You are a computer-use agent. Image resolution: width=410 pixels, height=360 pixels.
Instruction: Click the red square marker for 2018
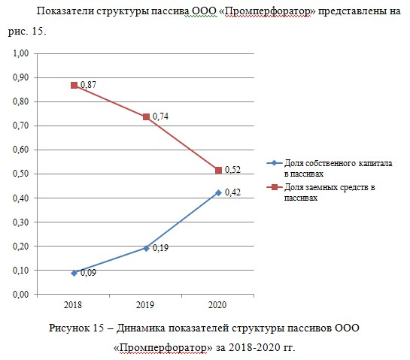coord(74,85)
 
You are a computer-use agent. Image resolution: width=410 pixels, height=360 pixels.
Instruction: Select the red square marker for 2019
coord(147,116)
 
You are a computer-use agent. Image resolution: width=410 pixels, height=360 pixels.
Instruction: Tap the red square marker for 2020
coord(219,171)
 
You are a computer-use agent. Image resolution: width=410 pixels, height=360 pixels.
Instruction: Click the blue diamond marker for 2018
coord(74,274)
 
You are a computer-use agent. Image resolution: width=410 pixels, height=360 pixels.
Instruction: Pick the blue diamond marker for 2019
coord(147,248)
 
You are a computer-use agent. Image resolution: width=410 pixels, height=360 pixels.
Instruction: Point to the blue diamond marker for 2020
coord(219,193)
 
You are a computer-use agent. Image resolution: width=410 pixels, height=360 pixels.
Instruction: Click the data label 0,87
coord(88,85)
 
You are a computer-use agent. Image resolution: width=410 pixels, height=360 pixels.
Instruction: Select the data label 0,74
coord(160,116)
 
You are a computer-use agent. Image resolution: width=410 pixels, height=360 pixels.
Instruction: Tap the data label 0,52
coord(232,170)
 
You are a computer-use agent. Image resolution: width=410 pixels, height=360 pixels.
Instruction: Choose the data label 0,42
coord(232,192)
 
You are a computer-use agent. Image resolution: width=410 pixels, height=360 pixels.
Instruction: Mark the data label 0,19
coord(160,248)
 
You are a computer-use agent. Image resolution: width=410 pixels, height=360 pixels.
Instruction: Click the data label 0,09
coord(88,273)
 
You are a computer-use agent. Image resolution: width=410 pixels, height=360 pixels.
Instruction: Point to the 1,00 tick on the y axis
coord(20,53)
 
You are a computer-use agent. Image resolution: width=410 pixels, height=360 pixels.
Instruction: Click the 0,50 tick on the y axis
coord(20,174)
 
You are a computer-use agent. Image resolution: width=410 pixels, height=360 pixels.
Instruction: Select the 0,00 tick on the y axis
coord(20,295)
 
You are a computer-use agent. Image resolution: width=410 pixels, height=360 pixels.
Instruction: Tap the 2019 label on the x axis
coord(145,305)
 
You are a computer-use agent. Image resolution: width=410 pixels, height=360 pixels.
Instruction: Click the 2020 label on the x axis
coord(217,305)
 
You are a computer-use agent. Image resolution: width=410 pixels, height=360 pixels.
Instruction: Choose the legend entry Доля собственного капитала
coord(330,168)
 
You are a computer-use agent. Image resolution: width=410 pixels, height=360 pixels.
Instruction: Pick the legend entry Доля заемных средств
coord(320,192)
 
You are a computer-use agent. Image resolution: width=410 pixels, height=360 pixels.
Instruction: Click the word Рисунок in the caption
coord(69,328)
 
